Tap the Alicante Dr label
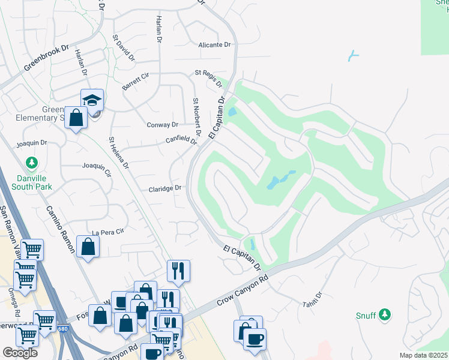[214, 45]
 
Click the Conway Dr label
[163, 125]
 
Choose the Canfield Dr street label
[182, 140]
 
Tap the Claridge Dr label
[164, 188]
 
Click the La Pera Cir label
[107, 232]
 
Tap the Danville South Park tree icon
[31, 163]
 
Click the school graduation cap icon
[92, 100]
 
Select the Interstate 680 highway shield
[62, 328]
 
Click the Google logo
[20, 352]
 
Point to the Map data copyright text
[424, 355]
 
